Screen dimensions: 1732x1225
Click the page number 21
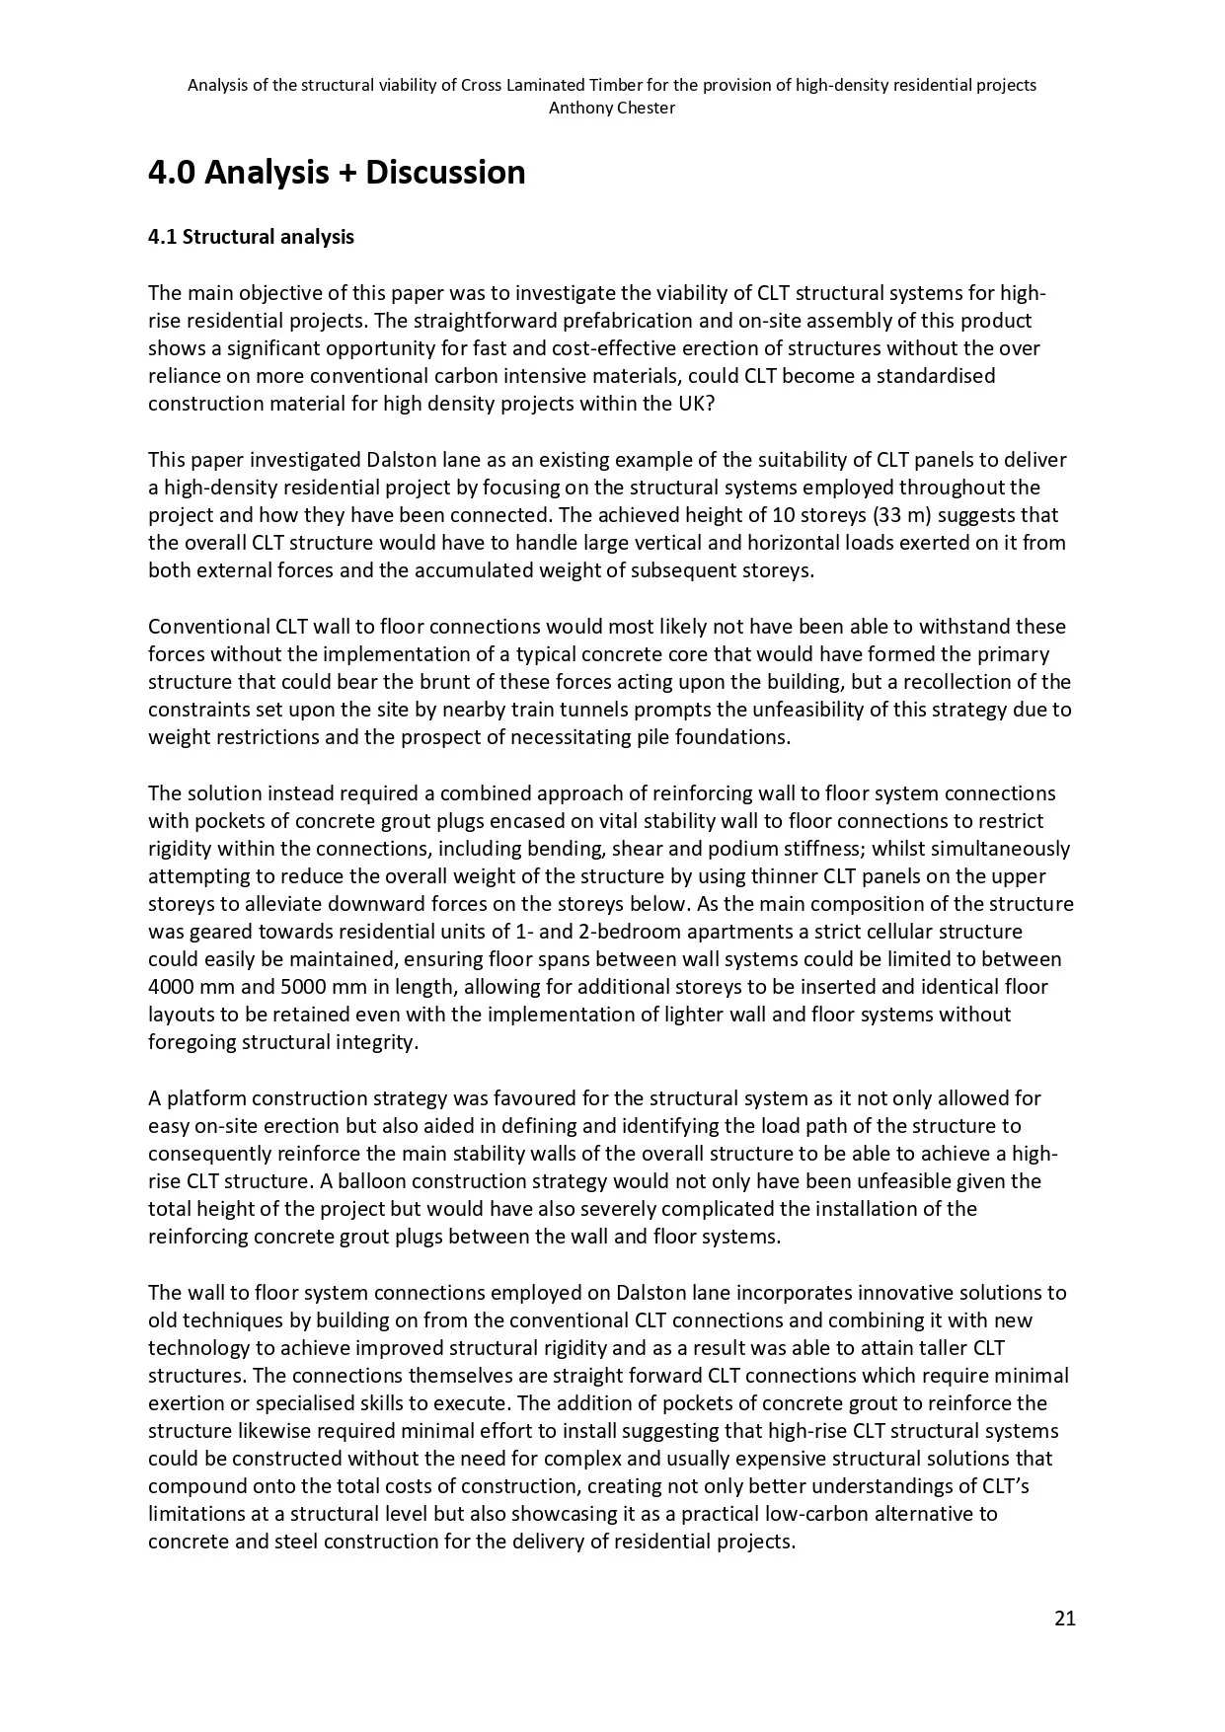coord(1064,1618)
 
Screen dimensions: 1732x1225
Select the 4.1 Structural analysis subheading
coord(251,237)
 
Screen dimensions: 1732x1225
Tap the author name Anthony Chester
coord(612,109)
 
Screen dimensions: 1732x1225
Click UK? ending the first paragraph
coord(692,404)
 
